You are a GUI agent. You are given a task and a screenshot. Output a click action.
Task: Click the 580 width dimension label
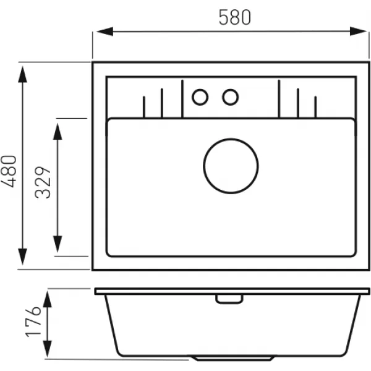[234, 17]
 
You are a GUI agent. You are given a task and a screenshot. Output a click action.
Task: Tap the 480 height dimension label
[9, 171]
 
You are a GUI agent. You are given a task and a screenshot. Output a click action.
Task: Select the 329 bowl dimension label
[43, 182]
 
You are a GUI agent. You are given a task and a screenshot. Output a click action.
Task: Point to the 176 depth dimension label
[33, 322]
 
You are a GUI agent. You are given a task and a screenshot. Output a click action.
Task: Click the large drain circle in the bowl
[231, 166]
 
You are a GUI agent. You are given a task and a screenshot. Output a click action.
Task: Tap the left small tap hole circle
[200, 97]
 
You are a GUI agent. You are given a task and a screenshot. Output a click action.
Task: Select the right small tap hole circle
[230, 97]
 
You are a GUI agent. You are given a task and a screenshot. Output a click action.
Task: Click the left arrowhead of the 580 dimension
[105, 32]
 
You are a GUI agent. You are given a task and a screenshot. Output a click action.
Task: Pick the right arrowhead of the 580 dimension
[358, 32]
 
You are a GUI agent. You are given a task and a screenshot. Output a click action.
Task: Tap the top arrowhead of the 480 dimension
[22, 74]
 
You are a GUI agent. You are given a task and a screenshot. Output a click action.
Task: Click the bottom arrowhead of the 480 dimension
[22, 257]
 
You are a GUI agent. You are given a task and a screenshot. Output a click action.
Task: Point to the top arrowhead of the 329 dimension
[58, 131]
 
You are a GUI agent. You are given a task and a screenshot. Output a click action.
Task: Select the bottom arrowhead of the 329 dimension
[58, 244]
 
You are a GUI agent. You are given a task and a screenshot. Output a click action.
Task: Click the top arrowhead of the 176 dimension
[48, 299]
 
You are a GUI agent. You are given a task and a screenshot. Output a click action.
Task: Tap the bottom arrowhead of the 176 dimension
[48, 349]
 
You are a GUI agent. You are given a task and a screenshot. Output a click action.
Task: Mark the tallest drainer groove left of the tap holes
[182, 99]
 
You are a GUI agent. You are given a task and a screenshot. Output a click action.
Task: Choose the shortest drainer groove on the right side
[315, 107]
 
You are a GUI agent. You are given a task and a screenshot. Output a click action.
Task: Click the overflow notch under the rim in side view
[229, 299]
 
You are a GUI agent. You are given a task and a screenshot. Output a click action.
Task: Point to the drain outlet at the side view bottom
[232, 358]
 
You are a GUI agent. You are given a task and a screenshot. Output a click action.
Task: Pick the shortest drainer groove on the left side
[144, 107]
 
